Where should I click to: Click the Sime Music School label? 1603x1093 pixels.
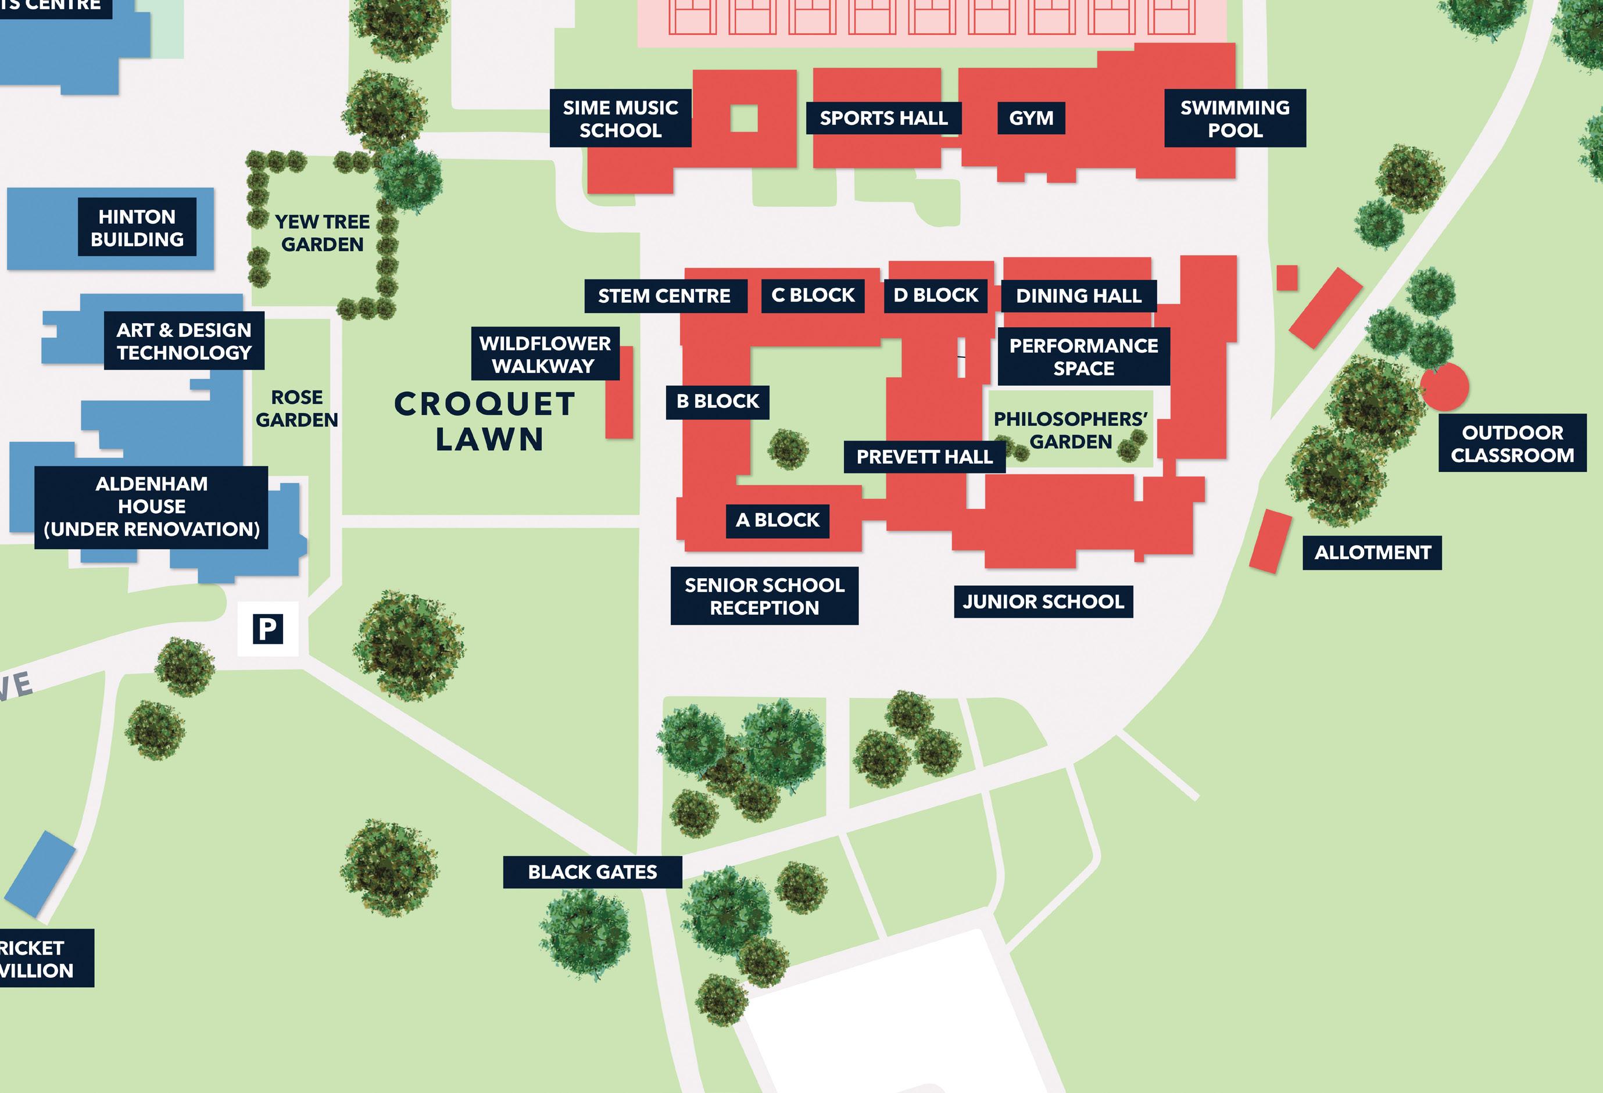point(620,119)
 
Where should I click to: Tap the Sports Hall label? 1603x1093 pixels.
point(883,119)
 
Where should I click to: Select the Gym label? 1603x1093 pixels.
point(1031,119)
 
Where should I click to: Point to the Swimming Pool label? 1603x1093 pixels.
point(1235,119)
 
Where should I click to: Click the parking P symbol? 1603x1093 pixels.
point(267,629)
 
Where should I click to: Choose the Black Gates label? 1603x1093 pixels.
point(592,872)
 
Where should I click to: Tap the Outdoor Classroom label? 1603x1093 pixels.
point(1512,443)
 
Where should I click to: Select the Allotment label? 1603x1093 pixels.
point(1372,553)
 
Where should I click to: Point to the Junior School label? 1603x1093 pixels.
point(1043,602)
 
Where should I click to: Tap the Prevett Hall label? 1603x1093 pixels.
point(924,457)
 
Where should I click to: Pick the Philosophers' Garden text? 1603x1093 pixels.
point(1071,431)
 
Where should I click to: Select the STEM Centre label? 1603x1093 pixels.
point(664,296)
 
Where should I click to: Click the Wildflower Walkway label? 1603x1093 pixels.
point(545,354)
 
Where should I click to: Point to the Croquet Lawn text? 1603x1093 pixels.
point(485,421)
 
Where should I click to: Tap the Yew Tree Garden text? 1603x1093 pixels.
point(322,233)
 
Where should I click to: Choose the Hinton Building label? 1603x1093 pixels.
point(137,228)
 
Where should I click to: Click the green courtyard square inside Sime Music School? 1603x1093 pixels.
point(743,118)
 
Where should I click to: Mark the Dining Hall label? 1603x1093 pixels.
point(1078,296)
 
